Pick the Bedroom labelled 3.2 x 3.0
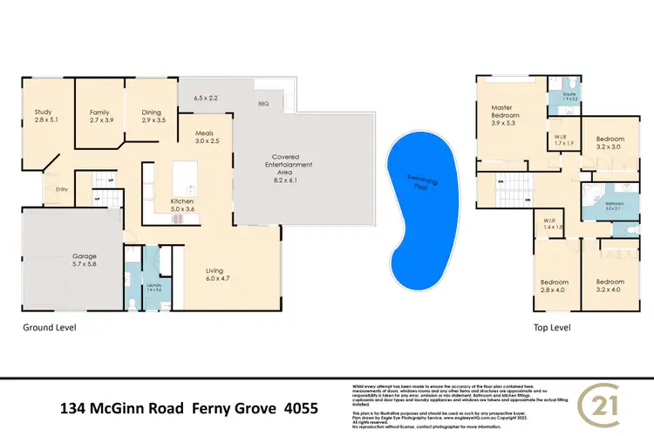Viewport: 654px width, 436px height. coord(610,143)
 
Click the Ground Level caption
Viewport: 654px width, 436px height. coord(49,329)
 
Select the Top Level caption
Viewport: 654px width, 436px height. coord(552,329)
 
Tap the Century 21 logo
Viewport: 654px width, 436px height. coord(602,406)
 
